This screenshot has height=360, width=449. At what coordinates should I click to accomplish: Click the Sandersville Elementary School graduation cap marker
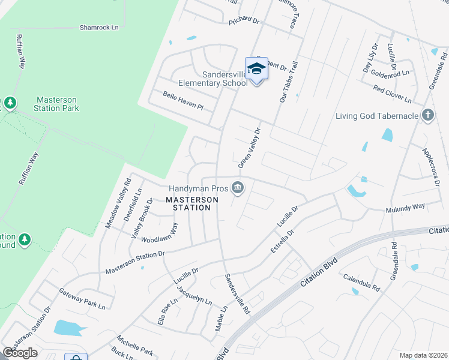tap(256, 69)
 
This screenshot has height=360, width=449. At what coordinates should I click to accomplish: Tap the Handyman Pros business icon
tap(238, 188)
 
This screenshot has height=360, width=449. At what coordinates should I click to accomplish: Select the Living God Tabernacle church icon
tap(427, 115)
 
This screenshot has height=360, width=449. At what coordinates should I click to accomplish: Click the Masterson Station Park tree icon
tap(10, 104)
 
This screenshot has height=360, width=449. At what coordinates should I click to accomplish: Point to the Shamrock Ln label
tap(99, 28)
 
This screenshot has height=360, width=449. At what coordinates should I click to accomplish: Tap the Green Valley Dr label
tap(250, 147)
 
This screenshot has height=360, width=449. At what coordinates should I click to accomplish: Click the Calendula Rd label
tap(361, 283)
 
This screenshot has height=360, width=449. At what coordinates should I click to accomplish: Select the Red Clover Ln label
tap(392, 94)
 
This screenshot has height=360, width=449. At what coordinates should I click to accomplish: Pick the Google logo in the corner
tap(20, 352)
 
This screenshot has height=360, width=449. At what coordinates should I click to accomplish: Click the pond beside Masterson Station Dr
tap(69, 328)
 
